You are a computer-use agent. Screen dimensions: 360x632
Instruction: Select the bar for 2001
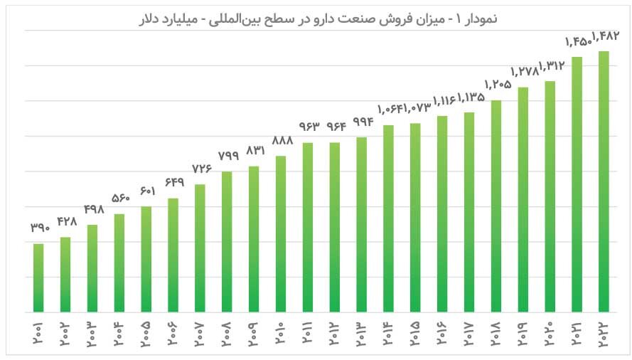coord(38,277)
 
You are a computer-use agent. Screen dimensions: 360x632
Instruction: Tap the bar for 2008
coord(227,242)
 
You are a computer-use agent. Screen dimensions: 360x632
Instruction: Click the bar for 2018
coord(496,206)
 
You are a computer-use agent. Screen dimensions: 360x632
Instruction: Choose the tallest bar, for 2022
coord(604,181)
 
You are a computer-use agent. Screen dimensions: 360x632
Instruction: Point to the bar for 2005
coord(146,259)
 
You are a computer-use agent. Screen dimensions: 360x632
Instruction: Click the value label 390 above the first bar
coord(40,228)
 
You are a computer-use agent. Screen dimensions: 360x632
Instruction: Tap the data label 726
coord(200,169)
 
